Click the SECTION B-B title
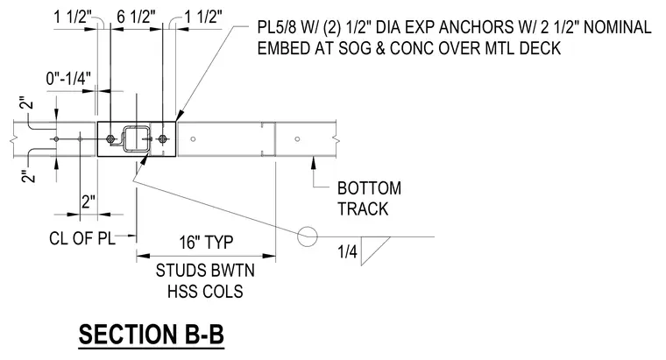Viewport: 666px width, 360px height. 152,335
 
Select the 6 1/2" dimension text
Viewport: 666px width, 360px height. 136,18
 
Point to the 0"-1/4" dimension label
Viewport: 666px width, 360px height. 68,79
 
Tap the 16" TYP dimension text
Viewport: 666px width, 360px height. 206,243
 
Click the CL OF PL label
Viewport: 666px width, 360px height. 82,238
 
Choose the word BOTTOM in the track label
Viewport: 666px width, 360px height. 369,188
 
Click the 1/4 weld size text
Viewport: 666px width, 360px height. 347,251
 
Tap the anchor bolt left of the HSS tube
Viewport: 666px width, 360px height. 111,138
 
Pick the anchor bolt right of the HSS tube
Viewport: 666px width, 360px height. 162,138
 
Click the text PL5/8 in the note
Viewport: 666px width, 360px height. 278,28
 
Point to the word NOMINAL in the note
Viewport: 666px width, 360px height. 618,28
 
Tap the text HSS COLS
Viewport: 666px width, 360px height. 205,292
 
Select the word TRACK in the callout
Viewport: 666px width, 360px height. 363,208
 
